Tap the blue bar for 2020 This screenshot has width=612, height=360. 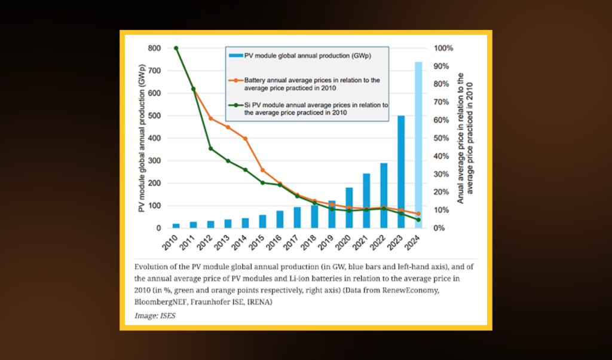point(349,208)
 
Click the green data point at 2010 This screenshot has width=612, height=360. point(176,48)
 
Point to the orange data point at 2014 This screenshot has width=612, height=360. point(245,138)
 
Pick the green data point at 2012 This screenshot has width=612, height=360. point(210,148)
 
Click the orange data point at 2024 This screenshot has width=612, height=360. point(418,213)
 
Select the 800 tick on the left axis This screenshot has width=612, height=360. point(154,48)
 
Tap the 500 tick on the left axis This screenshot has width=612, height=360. point(154,116)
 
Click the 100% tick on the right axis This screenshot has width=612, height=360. point(443,48)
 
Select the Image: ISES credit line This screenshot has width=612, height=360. point(155,315)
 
